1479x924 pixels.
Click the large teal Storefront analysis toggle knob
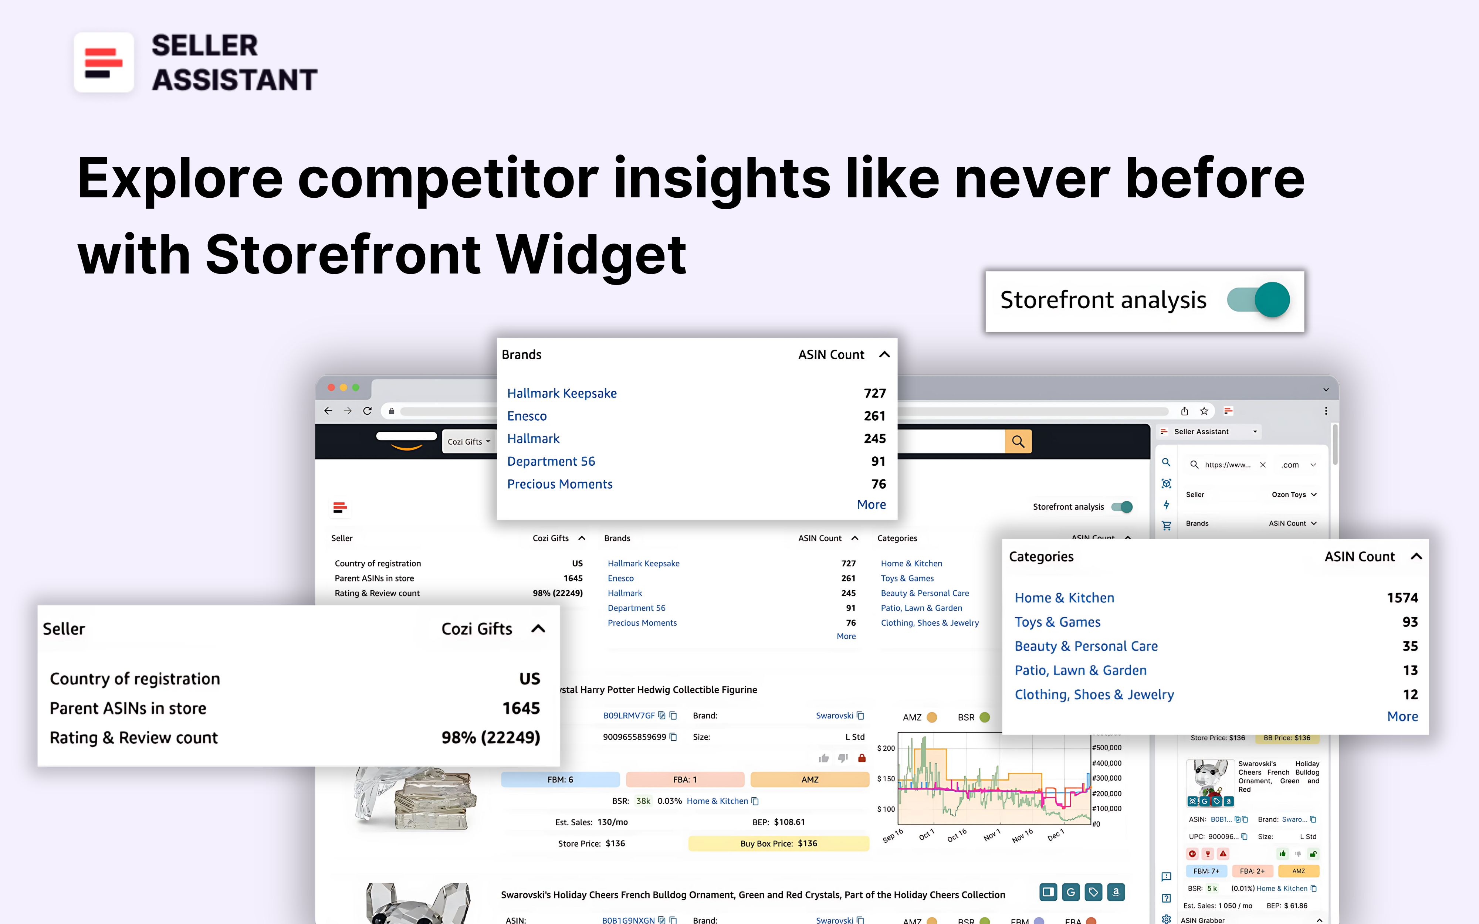[1272, 299]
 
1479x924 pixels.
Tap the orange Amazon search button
[1018, 441]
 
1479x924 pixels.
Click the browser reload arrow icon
[367, 411]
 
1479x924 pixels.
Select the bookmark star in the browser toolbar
[1204, 411]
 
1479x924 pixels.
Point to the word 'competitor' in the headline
[447, 179]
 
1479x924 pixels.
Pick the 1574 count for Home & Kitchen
[1402, 598]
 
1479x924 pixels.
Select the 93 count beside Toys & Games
[1409, 622]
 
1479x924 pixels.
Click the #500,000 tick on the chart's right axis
[1107, 747]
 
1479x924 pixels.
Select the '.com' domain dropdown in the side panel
[1298, 465]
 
